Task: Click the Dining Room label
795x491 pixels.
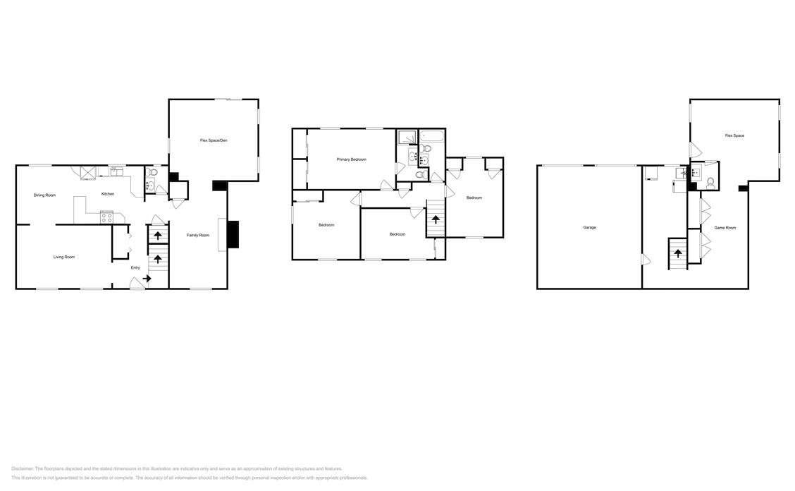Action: coord(44,195)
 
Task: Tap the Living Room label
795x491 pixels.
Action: coord(64,257)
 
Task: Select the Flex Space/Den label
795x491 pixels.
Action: coord(214,141)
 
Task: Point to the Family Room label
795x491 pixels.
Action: coord(198,235)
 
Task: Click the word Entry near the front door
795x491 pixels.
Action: coord(135,267)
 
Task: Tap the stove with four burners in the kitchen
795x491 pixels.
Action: coord(107,217)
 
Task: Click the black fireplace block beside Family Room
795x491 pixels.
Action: coord(234,234)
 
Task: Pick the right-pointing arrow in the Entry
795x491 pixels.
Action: coord(147,279)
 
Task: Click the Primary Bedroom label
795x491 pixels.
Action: coord(351,159)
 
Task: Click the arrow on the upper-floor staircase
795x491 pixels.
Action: coord(436,219)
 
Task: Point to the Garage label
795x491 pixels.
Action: coord(589,227)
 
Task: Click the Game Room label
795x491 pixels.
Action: coord(725,227)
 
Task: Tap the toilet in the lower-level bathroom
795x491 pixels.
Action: coord(710,182)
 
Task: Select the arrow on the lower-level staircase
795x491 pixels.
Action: coord(677,253)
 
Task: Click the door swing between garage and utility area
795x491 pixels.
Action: coord(646,260)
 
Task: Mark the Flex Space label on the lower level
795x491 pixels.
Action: coord(734,135)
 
